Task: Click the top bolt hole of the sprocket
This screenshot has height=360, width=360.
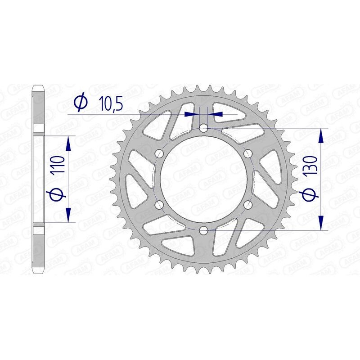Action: [203, 128]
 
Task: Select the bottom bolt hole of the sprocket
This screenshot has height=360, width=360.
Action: [203, 231]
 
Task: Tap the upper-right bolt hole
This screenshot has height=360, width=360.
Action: [247, 154]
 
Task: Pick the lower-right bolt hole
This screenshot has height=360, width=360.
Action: [247, 205]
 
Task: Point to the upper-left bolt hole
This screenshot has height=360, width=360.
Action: [158, 154]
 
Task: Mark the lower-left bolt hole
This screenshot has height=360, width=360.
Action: [158, 205]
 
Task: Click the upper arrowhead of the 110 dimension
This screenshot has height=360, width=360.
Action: [68, 144]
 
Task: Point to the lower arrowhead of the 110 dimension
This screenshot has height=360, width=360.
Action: [68, 215]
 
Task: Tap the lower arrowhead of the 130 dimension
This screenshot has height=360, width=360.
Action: [321, 223]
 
